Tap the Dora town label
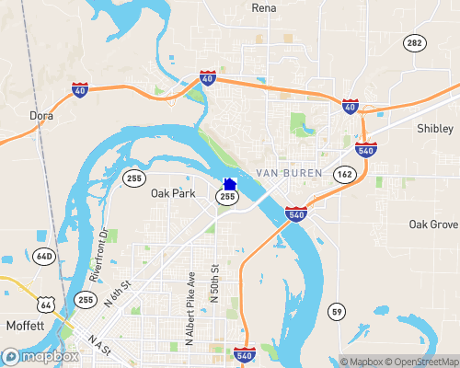[41, 116]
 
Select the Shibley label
[435, 128]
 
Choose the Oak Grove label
[433, 224]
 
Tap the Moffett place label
[25, 327]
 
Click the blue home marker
[230, 184]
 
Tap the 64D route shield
[45, 255]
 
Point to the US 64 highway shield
[45, 303]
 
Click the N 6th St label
[118, 293]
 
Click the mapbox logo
[40, 356]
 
